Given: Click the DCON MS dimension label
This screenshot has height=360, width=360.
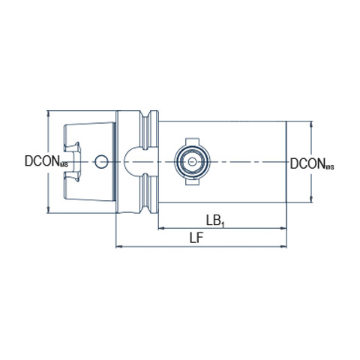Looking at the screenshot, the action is point(46,161).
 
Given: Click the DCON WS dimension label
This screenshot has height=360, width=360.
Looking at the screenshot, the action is point(312,164).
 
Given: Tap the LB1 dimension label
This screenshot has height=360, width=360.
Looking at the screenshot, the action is point(215,221).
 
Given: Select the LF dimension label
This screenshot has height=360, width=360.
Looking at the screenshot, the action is point(196,238).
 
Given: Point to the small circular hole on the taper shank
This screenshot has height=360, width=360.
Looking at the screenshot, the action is point(101,162).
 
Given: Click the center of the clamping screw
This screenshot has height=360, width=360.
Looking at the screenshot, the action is point(192,161).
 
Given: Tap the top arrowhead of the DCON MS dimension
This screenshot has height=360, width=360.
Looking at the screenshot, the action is point(48,113).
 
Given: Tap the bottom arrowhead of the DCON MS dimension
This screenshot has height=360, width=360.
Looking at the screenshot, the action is point(48,210).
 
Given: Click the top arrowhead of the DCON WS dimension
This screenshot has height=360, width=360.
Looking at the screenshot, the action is point(311,124).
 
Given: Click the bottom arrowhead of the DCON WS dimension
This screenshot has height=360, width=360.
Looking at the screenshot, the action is point(311,199).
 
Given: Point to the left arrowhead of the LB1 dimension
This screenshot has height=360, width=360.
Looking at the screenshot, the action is point(161,228).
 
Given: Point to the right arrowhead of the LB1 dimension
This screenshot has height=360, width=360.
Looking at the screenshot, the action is point(283,228).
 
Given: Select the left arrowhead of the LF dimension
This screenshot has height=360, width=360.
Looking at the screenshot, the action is point(119,247).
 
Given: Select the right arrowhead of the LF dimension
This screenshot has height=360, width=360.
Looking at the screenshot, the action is point(283,247).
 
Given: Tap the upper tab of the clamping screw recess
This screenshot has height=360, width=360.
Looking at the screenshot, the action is point(192,141).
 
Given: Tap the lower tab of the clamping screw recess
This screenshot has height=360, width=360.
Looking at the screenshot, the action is point(192,181).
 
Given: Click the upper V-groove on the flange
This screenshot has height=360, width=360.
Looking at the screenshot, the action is point(145,130).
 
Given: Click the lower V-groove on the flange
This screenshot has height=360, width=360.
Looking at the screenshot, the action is point(145,193).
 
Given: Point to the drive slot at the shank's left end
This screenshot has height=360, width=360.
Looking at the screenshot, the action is point(73,162).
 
